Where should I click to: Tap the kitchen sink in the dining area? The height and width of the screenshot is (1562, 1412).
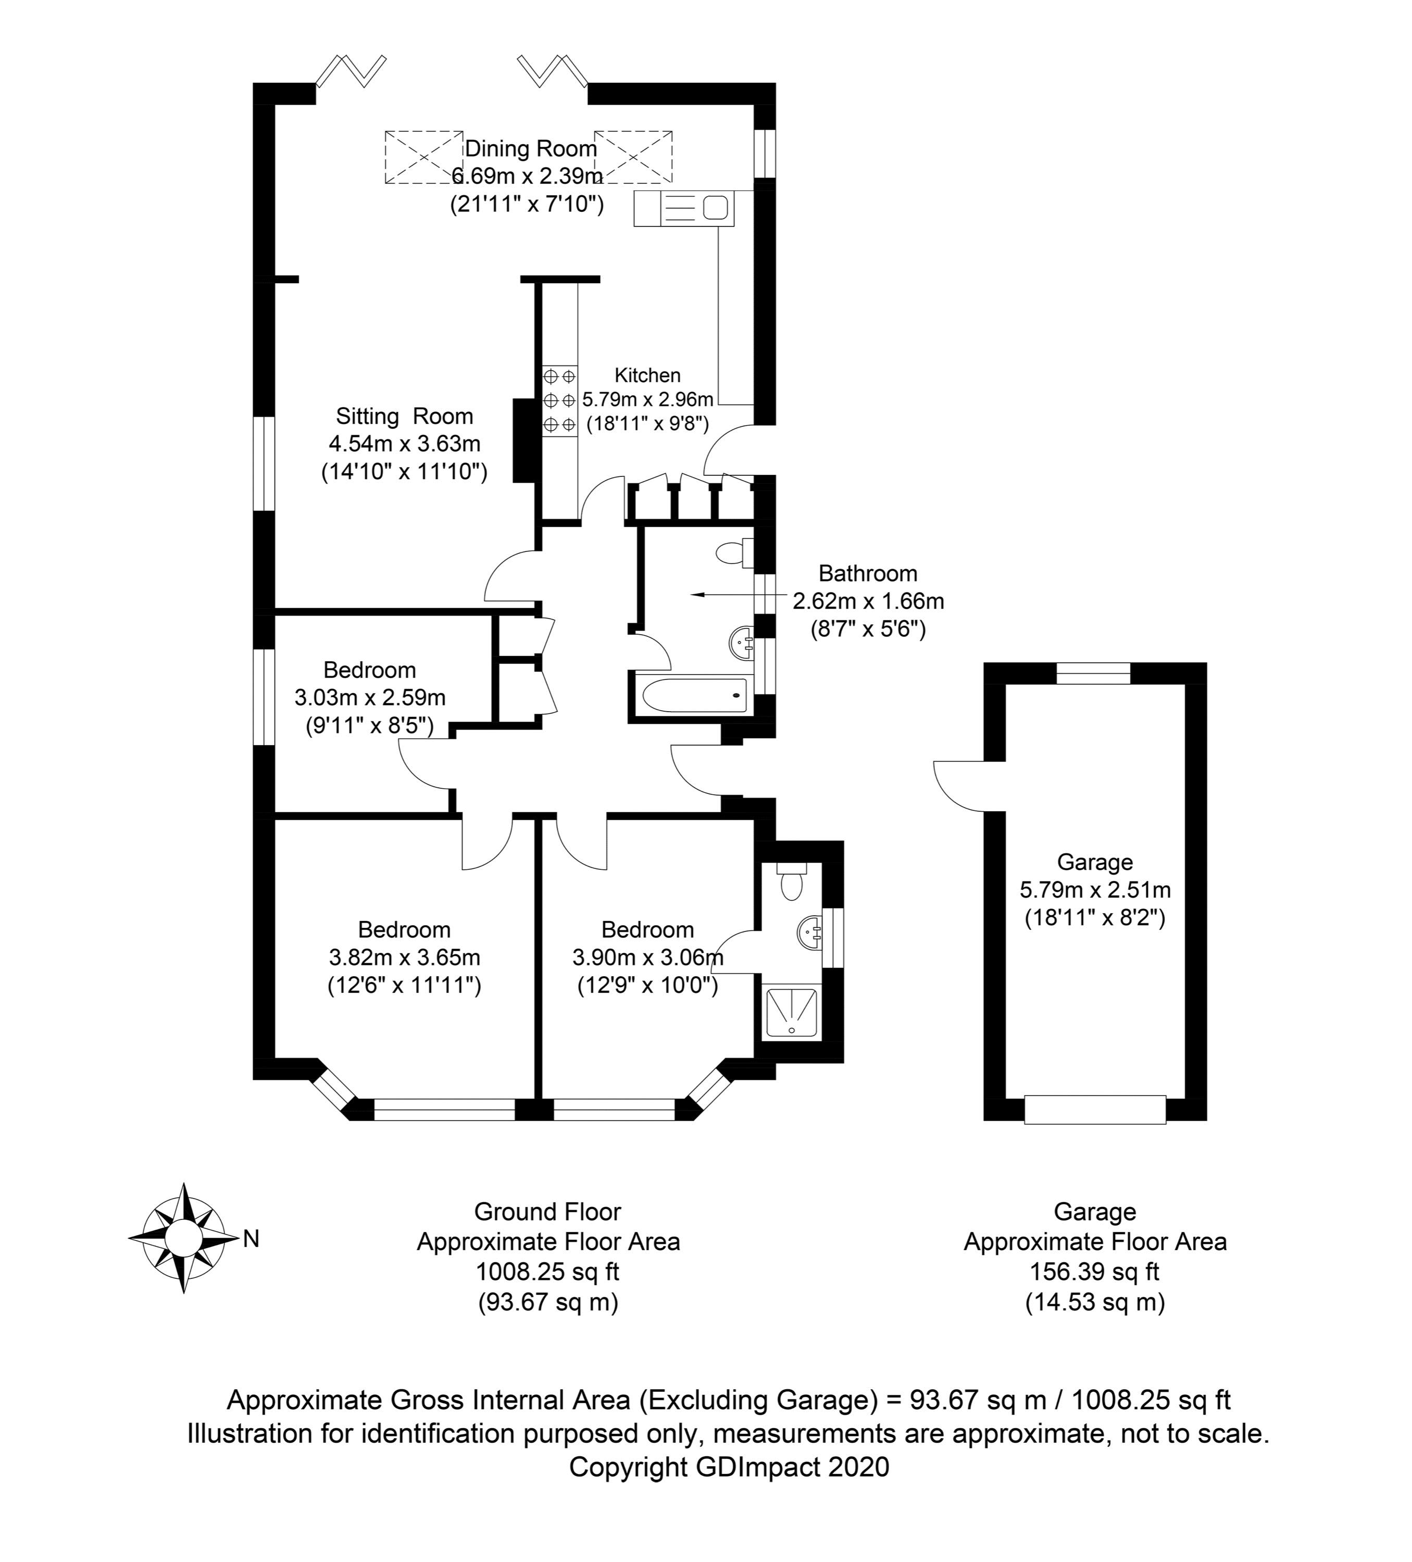click(683, 208)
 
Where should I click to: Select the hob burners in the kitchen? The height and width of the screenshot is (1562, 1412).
click(559, 400)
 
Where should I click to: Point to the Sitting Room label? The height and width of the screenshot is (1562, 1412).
click(404, 416)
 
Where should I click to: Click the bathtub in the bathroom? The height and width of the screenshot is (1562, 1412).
click(690, 695)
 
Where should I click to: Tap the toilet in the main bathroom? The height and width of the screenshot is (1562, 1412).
click(732, 553)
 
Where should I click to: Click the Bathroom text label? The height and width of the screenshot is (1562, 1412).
click(867, 573)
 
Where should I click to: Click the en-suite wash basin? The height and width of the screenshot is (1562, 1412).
click(809, 930)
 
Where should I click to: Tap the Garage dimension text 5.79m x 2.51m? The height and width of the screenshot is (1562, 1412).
click(1094, 889)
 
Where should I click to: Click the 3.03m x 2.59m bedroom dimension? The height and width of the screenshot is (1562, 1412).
click(370, 697)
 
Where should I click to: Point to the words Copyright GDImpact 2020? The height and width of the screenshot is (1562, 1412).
click(729, 1467)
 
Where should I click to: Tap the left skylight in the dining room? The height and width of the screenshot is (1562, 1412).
click(423, 157)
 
